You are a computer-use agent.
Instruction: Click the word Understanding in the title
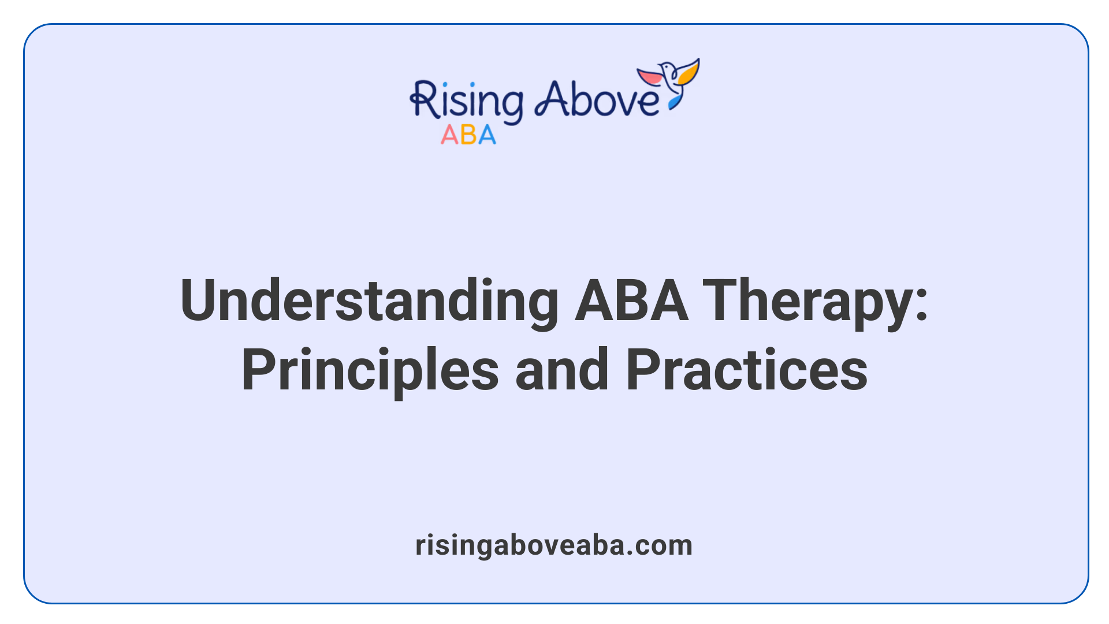click(x=369, y=302)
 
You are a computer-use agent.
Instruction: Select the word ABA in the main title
click(x=631, y=300)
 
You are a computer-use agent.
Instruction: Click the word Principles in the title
click(x=370, y=371)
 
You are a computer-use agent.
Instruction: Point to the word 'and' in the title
click(x=561, y=371)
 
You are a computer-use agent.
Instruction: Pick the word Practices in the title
click(x=746, y=371)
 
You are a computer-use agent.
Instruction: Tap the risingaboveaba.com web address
click(x=554, y=545)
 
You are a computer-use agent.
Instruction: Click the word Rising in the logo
click(x=467, y=101)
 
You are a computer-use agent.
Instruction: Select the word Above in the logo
click(x=597, y=99)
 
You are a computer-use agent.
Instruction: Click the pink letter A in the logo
click(x=449, y=135)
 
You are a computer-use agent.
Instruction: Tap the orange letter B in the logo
click(x=468, y=135)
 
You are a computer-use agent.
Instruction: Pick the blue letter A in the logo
click(x=486, y=135)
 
